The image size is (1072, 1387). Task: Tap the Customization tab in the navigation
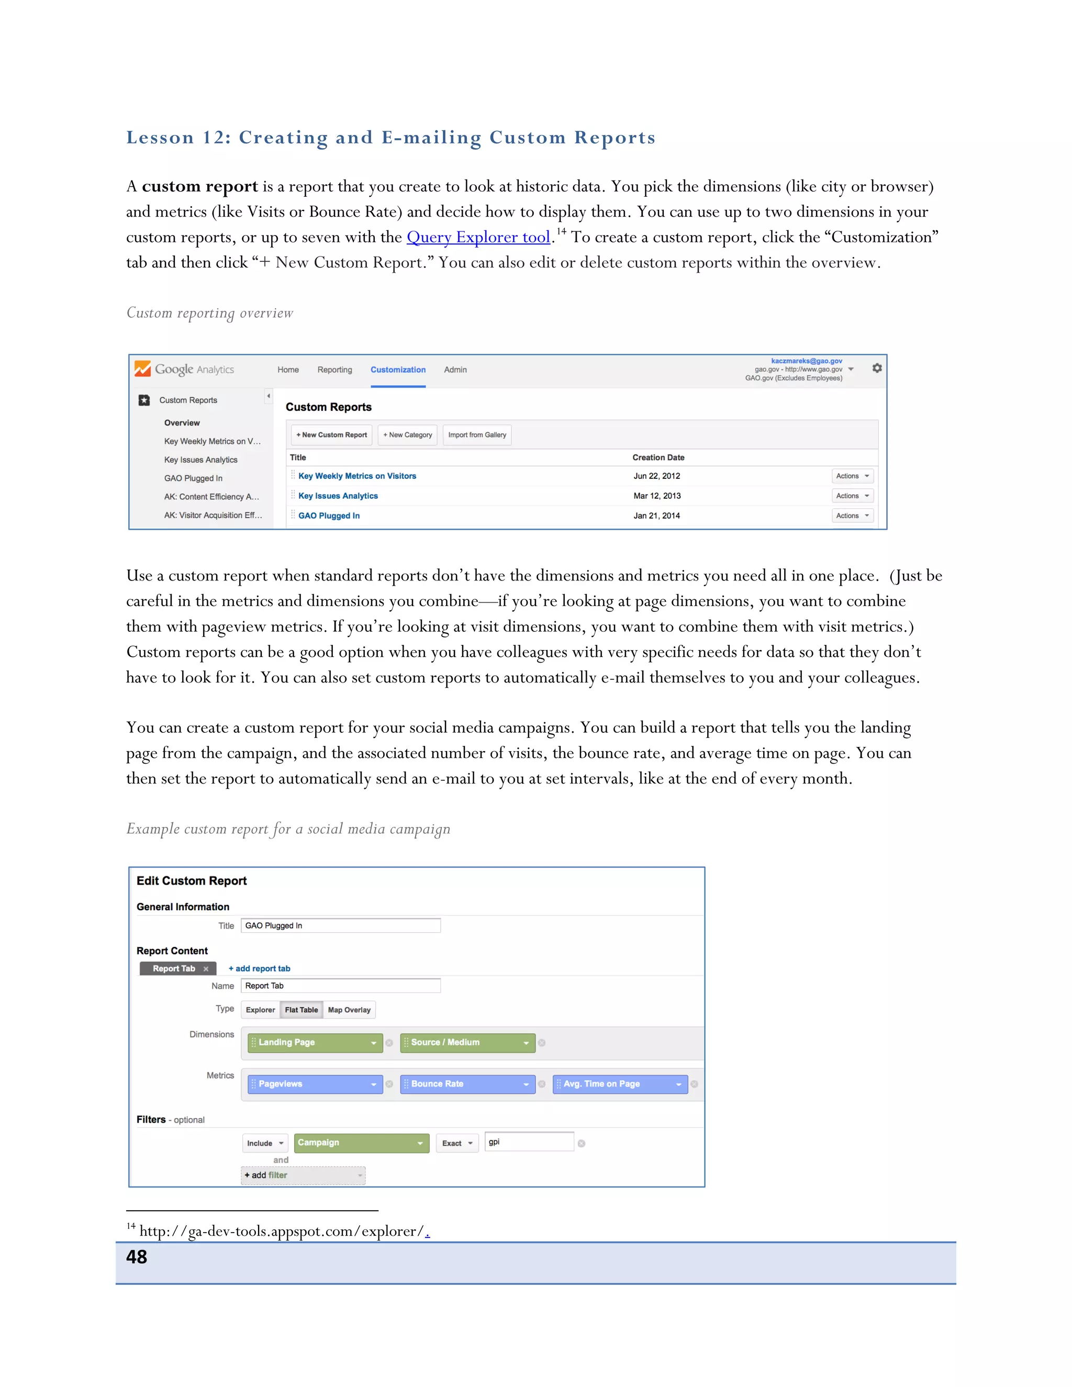pos(398,370)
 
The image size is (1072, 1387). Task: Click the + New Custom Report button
pos(331,435)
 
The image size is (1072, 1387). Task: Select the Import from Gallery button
pos(477,435)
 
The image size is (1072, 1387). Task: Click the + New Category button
pos(407,435)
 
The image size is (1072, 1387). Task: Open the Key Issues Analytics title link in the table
pos(338,496)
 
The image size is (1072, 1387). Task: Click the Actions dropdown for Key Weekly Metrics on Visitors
pos(852,476)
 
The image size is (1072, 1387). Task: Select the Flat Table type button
pos(301,1010)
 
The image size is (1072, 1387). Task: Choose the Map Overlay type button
pos(349,1010)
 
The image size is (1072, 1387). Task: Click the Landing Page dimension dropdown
pos(315,1043)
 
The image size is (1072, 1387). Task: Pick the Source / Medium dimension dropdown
pos(467,1043)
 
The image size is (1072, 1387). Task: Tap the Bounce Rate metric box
pos(467,1084)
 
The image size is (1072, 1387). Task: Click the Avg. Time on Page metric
pos(620,1084)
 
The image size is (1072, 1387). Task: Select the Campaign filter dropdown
pos(360,1143)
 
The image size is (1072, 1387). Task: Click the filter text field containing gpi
pos(528,1142)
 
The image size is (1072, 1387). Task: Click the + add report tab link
pos(259,968)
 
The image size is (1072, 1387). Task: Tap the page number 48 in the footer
pos(137,1257)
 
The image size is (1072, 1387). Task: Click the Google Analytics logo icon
pos(143,369)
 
